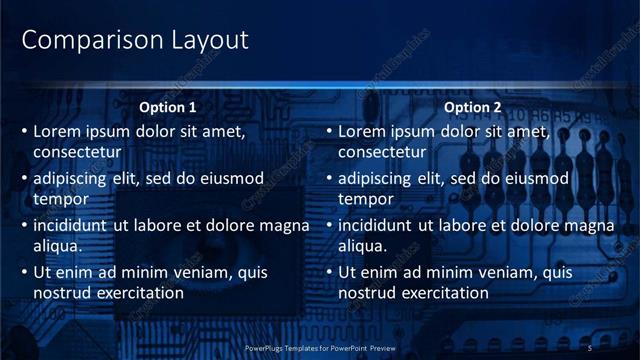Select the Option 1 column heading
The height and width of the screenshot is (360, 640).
coord(167,107)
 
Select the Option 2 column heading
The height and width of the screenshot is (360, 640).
coord(472,107)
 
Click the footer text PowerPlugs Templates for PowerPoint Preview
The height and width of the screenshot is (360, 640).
coord(320,347)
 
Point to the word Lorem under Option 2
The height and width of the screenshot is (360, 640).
coord(362,131)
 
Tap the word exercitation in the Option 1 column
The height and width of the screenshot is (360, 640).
coord(139,293)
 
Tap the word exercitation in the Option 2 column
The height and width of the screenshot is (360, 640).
coord(444,293)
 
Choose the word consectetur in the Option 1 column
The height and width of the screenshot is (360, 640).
coord(78,152)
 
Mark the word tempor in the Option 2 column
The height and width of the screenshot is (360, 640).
coord(366,199)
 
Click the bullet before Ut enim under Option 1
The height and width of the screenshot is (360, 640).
coord(24,272)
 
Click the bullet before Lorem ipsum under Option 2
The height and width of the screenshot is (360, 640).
coord(329,131)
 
